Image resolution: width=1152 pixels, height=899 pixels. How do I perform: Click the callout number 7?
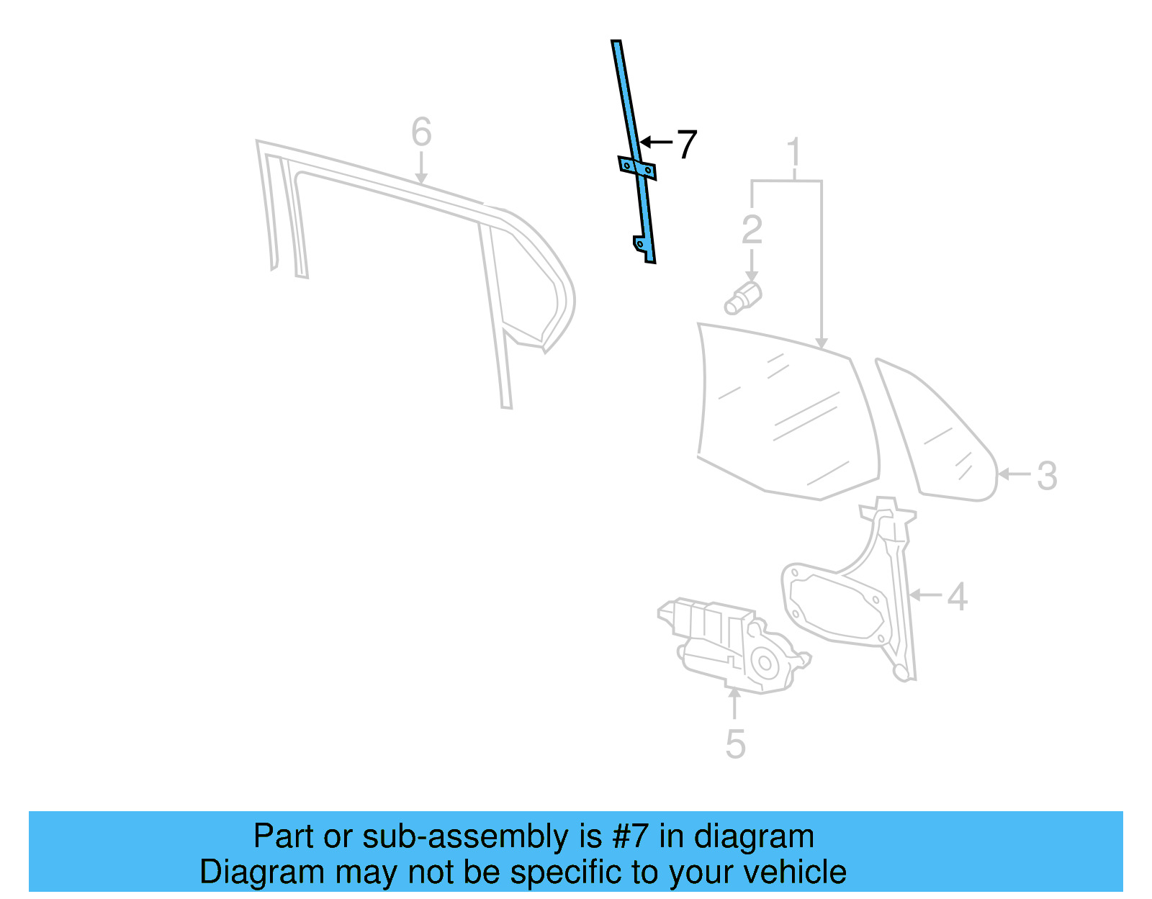(687, 145)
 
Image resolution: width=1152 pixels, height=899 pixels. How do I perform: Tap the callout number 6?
(421, 132)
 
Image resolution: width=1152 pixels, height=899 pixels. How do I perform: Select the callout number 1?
(793, 153)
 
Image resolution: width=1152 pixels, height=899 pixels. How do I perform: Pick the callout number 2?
(752, 230)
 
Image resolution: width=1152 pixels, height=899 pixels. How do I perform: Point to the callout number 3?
(1047, 476)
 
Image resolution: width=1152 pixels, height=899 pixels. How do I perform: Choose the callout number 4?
(957, 597)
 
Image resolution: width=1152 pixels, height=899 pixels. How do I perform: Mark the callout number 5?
(735, 744)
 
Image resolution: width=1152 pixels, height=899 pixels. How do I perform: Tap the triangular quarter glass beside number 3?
(936, 439)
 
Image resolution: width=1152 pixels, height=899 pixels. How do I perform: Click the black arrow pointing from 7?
(655, 143)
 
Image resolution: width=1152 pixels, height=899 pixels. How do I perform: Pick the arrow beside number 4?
(925, 595)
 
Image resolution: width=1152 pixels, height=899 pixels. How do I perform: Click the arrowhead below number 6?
(421, 178)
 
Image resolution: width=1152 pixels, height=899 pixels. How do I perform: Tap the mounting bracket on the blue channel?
(637, 168)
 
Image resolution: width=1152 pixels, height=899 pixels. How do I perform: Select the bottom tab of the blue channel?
(642, 249)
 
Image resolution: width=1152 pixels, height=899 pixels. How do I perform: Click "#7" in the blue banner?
(631, 837)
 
